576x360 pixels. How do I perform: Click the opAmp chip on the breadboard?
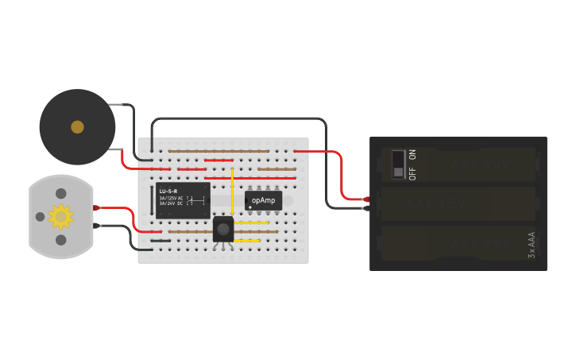click(x=263, y=200)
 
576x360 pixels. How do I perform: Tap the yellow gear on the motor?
click(x=60, y=215)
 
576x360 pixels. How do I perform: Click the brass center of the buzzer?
click(x=77, y=126)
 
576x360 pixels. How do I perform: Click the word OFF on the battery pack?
click(x=412, y=172)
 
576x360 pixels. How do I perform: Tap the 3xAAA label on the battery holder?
click(x=532, y=244)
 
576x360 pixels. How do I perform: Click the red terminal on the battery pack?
click(x=366, y=199)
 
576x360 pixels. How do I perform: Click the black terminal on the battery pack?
click(x=366, y=209)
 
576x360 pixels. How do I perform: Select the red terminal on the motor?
click(x=96, y=207)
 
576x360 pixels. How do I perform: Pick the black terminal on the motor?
click(x=96, y=226)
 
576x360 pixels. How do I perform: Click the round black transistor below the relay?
click(x=223, y=229)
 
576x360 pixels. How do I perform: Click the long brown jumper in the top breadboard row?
click(x=218, y=150)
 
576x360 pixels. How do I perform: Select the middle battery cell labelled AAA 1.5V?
click(x=458, y=204)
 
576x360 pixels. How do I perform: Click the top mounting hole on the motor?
click(x=60, y=193)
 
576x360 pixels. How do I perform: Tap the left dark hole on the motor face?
click(x=40, y=216)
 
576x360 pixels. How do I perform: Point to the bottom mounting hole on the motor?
click(x=60, y=239)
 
